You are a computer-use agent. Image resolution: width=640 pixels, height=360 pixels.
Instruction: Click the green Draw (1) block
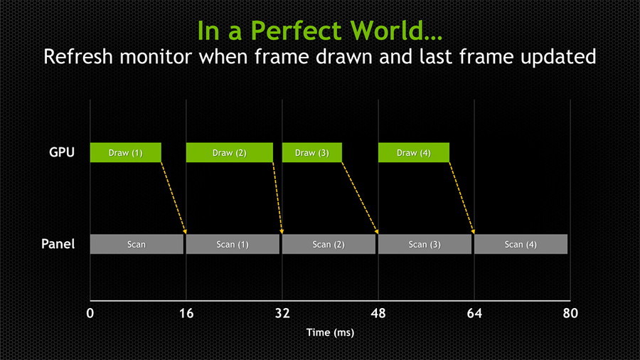[x=126, y=153]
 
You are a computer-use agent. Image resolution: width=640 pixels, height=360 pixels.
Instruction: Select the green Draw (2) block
[x=230, y=153]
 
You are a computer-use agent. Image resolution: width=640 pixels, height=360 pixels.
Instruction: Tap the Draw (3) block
[x=312, y=153]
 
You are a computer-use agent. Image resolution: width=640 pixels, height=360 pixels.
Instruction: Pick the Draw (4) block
[x=414, y=153]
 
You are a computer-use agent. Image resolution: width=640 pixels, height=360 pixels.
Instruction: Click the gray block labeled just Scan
[x=137, y=244]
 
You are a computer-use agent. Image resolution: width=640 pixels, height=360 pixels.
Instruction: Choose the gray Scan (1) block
[x=233, y=244]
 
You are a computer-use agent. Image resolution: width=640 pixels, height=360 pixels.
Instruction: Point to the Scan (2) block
[x=329, y=244]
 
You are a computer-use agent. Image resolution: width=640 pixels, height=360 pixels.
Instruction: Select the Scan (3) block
[x=425, y=244]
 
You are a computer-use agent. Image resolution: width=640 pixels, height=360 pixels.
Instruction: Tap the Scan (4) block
[x=521, y=244]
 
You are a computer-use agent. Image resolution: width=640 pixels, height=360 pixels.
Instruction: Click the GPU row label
[x=62, y=152]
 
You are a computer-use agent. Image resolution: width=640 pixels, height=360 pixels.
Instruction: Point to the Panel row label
[x=58, y=244]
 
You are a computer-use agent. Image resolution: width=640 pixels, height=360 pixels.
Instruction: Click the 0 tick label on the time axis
[x=90, y=313]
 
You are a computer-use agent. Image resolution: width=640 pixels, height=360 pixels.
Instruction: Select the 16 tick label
[x=186, y=313]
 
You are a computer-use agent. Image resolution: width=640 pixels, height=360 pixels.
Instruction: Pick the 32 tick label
[x=282, y=313]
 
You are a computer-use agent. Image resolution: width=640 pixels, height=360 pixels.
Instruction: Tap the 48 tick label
[x=378, y=313]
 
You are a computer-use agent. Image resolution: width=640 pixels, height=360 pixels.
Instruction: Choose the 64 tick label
[x=474, y=313]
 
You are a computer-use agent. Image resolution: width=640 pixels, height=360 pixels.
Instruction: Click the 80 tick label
[x=570, y=313]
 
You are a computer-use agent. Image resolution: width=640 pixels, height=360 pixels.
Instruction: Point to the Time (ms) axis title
[x=330, y=333]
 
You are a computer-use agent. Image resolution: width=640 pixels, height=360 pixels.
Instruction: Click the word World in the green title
[x=386, y=31]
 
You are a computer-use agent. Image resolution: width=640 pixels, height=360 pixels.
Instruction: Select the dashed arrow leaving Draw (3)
[x=360, y=198]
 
